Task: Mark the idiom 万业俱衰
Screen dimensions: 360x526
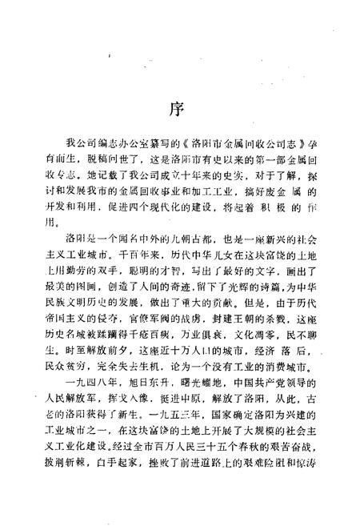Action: coord(204,351)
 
